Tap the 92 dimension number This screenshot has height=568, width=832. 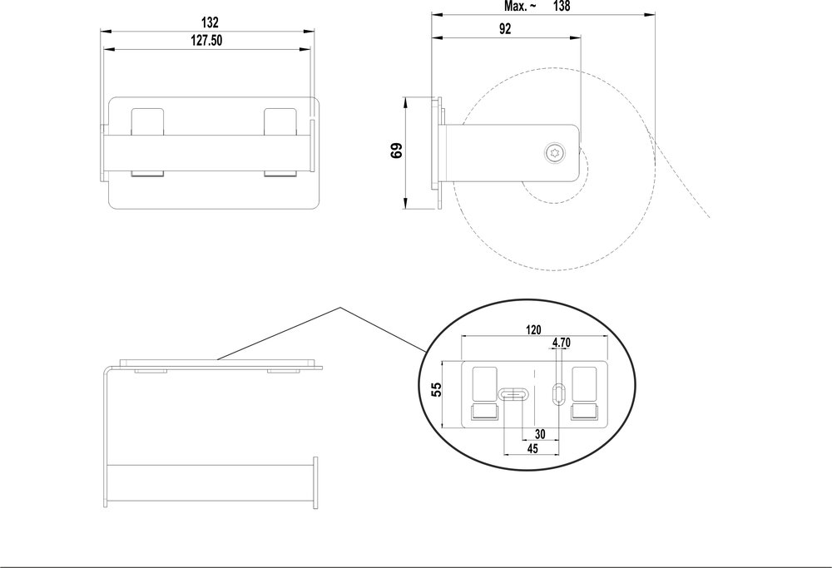505,28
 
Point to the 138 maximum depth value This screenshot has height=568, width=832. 564,6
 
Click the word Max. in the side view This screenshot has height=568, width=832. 520,6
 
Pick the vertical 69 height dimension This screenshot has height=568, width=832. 397,151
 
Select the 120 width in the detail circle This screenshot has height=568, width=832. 533,329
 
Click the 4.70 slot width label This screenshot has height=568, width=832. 561,342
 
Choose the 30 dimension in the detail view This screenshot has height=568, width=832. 540,433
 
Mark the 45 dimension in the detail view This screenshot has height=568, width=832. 532,448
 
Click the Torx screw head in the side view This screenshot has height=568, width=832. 554,152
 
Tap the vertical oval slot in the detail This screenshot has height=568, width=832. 559,393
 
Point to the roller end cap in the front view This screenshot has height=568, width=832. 315,482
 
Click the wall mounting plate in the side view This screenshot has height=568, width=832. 436,154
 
